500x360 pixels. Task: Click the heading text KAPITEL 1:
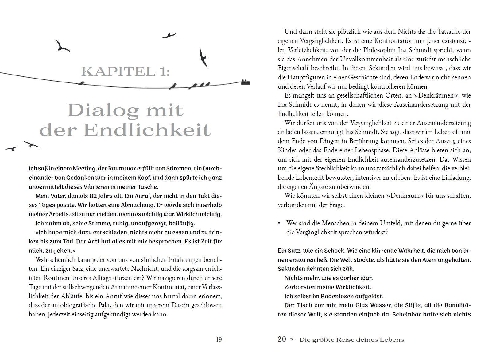pos(126,71)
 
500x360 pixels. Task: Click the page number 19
pos(219,339)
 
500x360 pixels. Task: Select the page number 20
pos(282,339)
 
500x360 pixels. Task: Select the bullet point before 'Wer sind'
pos(279,223)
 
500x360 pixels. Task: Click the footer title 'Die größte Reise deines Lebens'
pos(352,339)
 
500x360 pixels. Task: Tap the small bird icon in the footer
pos(293,339)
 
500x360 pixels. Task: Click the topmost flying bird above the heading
pos(169,35)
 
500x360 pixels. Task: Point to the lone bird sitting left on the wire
pos(82,82)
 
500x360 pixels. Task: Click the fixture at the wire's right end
pos(245,82)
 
